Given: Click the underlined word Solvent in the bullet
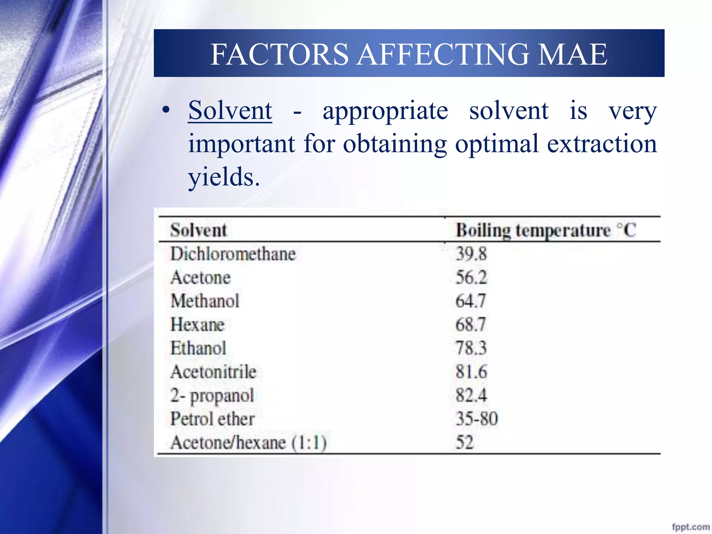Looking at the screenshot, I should (230, 111).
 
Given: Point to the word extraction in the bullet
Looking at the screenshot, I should (602, 144).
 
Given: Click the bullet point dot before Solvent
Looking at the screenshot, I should (166, 110).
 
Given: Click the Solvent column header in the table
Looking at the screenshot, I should (199, 230).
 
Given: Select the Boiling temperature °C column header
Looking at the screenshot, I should (546, 230).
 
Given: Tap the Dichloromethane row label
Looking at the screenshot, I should (233, 254).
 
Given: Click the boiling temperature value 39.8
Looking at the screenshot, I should (471, 254).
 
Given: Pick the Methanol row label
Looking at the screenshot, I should (205, 301).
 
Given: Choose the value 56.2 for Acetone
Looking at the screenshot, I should (471, 277).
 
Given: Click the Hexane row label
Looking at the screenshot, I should (197, 324).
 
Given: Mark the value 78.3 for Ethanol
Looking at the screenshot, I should (471, 348).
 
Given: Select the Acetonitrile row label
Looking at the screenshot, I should (213, 372).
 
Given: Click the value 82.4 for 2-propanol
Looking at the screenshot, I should (471, 395).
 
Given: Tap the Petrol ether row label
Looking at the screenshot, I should (212, 419).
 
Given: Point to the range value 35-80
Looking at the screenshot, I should (477, 419).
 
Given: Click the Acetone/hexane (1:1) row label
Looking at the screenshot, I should (249, 443).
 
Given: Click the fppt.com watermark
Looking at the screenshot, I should (690, 527).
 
